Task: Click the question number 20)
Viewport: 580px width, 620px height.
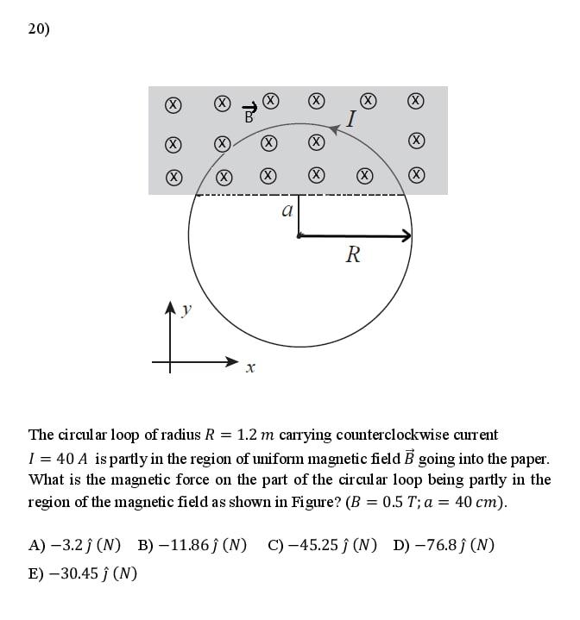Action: click(x=39, y=29)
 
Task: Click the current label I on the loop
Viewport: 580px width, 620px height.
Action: click(x=351, y=119)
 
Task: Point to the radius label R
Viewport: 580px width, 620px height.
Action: click(x=352, y=254)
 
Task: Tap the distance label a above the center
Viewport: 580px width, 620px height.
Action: click(x=287, y=210)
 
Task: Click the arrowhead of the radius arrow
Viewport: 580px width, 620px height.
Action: click(x=405, y=235)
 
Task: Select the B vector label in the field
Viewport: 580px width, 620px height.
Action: click(x=249, y=113)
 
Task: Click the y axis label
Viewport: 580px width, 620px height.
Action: click(x=187, y=310)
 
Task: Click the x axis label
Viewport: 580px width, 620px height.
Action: click(x=249, y=368)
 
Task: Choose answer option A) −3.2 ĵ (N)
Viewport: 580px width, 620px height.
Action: click(x=74, y=545)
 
